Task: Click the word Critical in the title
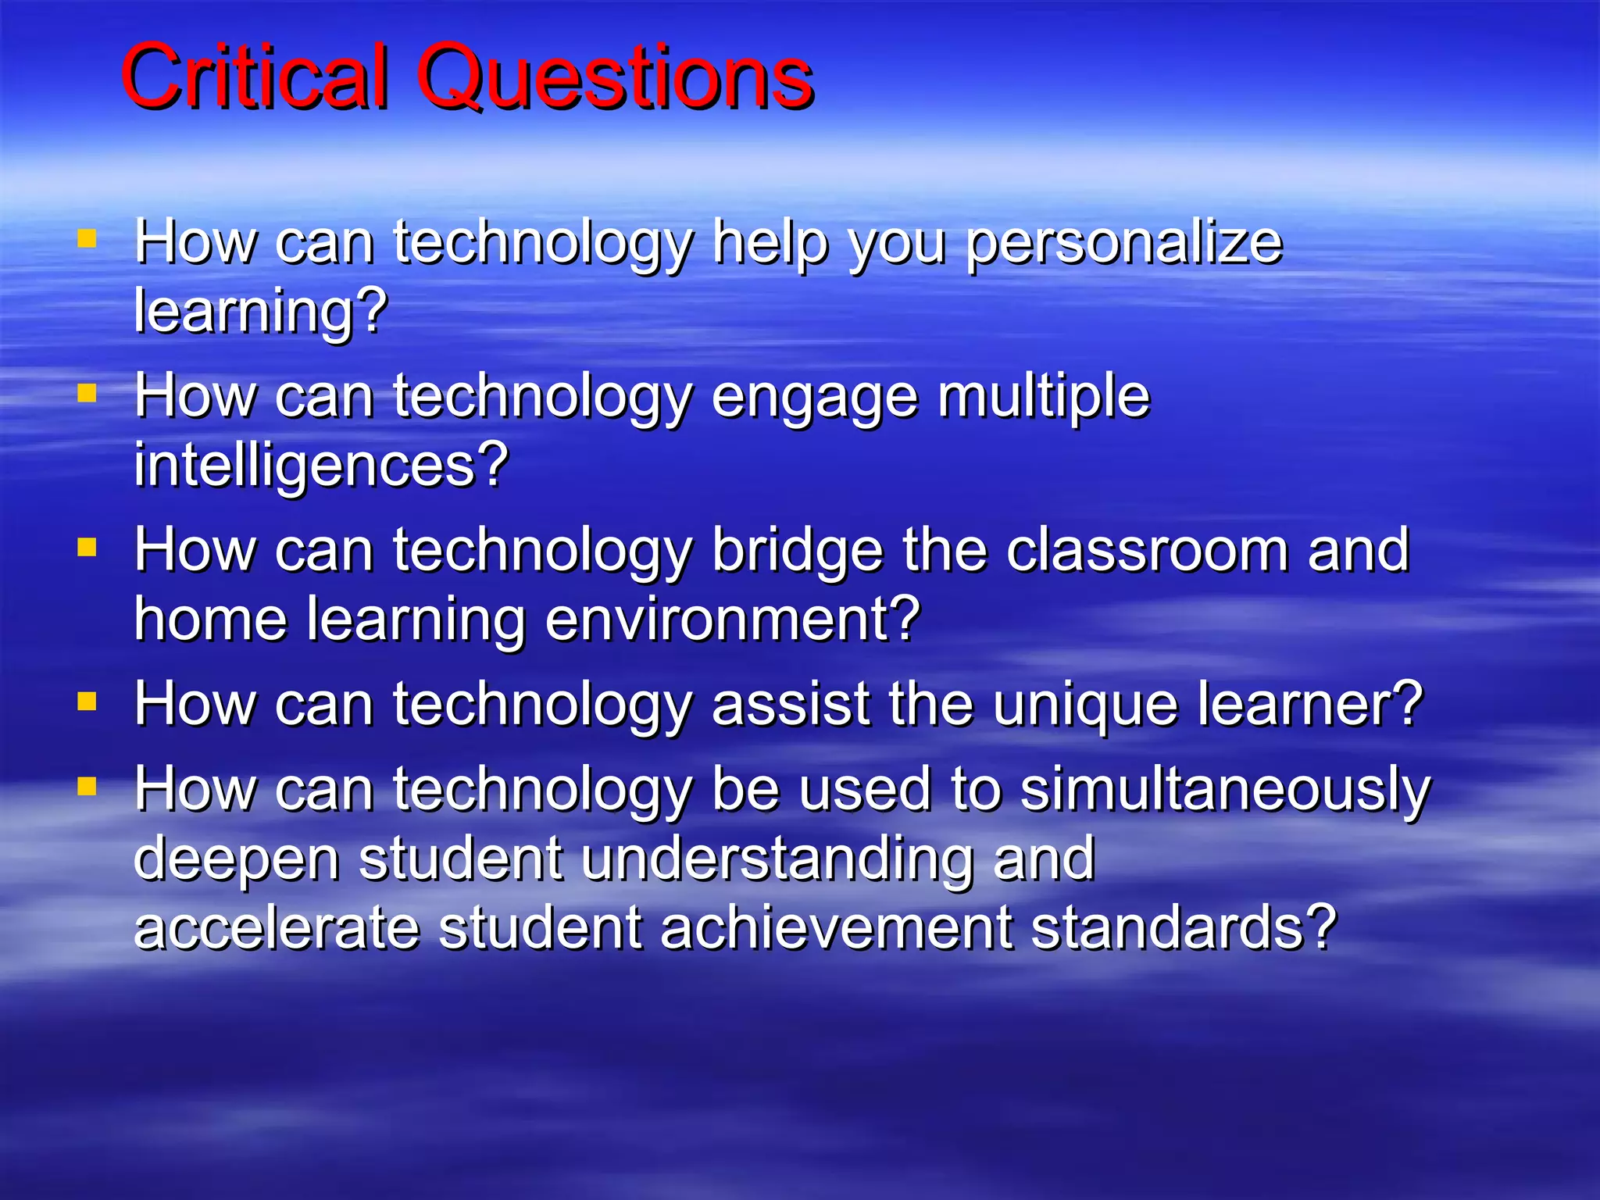coord(254,77)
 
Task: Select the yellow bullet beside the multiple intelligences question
coord(87,392)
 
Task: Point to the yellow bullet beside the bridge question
coord(87,547)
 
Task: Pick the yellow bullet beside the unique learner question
coord(87,701)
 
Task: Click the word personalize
coord(1124,244)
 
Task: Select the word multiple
coord(1044,397)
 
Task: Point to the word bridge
coord(798,551)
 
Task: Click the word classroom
coord(1147,551)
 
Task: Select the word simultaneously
coord(1225,791)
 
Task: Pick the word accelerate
coord(277,927)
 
